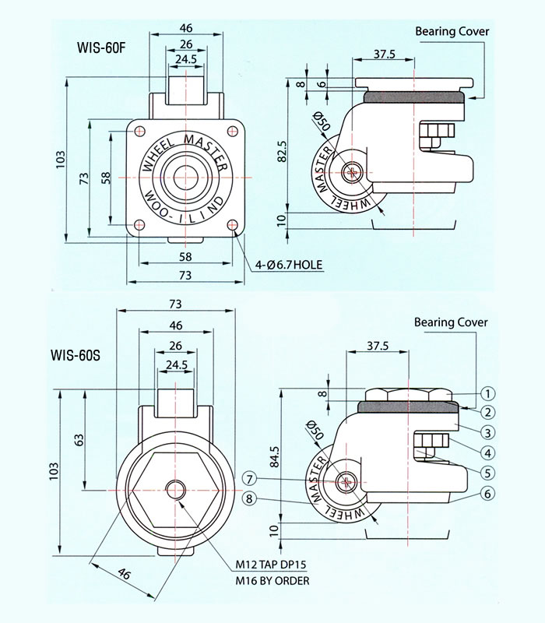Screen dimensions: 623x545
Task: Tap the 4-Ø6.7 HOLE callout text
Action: tap(289, 266)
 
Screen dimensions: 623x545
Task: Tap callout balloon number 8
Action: tap(249, 499)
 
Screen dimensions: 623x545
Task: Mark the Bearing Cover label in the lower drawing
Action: tap(450, 322)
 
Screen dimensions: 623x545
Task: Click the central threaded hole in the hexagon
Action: tap(177, 489)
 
